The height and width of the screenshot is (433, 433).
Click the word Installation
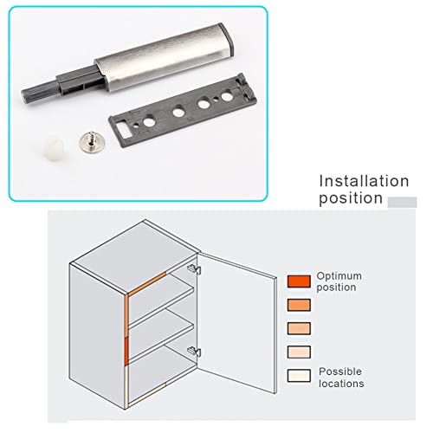364,181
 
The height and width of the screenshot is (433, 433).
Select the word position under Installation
351,198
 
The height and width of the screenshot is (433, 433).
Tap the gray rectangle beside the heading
402,202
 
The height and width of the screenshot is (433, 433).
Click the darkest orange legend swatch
298,281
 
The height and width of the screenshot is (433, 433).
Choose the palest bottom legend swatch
298,377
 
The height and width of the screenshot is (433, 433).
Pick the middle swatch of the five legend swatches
298,329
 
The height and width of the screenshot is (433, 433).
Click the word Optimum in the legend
339,275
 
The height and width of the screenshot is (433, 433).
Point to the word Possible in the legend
339,371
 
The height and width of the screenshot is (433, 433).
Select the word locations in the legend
341,383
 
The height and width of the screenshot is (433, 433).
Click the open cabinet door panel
238,316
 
